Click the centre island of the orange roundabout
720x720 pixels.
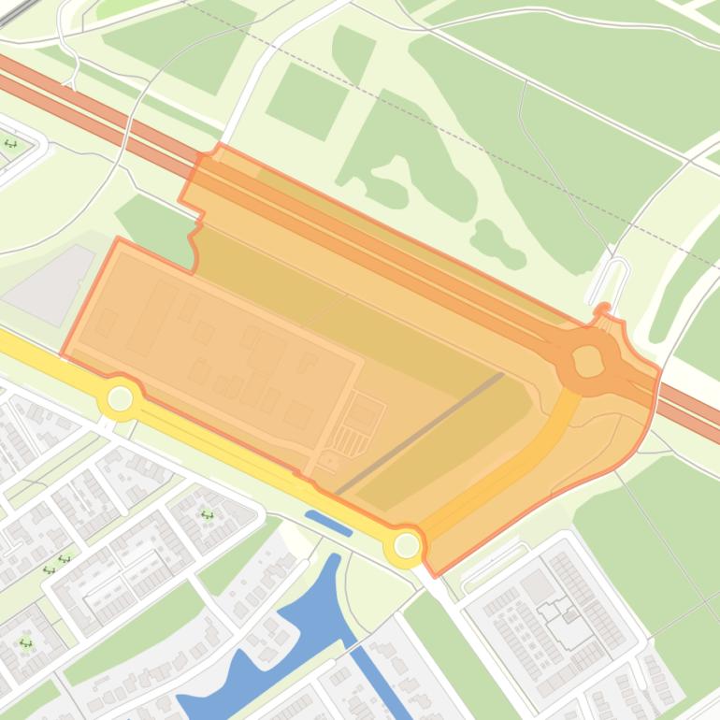pos(588,359)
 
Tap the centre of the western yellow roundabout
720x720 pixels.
pos(120,399)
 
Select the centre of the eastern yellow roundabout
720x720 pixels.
pos(407,544)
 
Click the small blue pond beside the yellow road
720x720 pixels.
pos(328,524)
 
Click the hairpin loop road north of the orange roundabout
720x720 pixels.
pos(612,277)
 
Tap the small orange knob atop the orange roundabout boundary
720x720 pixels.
pos(603,309)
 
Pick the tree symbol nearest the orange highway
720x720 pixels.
pos(11,143)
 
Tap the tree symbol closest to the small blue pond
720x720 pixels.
pos(207,513)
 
